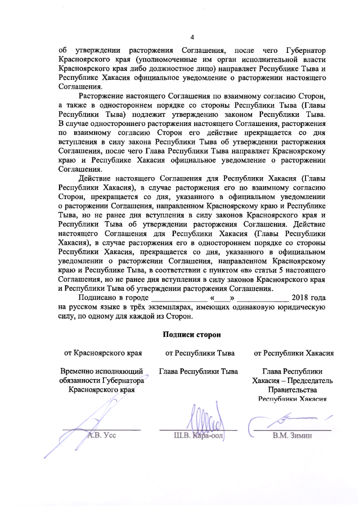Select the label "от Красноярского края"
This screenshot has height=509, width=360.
point(102,353)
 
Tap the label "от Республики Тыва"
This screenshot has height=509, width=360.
point(199,353)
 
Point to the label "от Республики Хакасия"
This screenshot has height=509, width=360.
point(295,353)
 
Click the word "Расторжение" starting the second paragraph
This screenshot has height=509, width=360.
point(105,97)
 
